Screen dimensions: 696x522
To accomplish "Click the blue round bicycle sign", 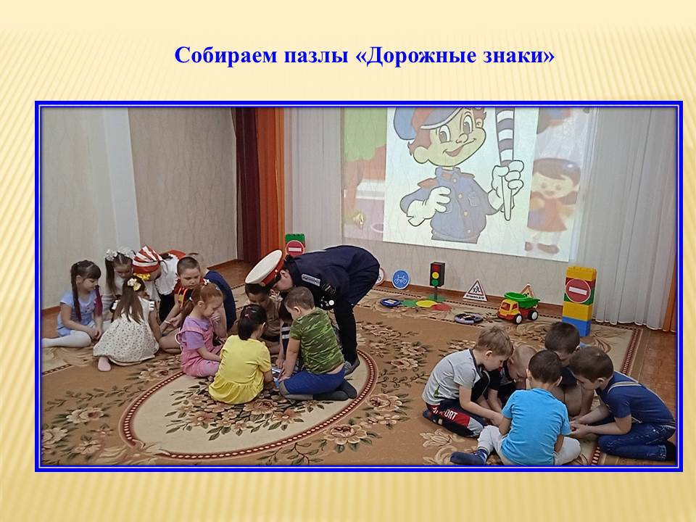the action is [x=400, y=279].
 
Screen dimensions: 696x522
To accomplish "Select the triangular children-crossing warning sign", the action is [x=476, y=291].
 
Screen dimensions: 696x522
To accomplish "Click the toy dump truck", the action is [x=518, y=307].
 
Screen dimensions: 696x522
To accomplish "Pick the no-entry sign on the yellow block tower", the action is [x=578, y=291].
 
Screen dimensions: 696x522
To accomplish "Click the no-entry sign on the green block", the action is [x=295, y=247].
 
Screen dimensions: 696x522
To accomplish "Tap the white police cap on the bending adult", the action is [x=265, y=268].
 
